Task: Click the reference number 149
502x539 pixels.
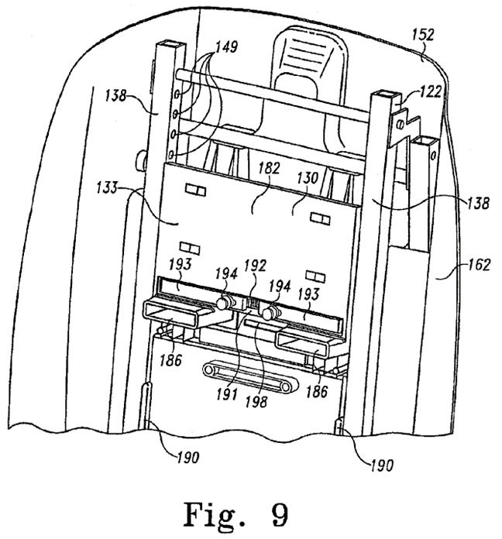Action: [x=226, y=47]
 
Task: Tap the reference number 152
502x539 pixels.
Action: [x=423, y=35]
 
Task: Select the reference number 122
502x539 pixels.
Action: [x=431, y=92]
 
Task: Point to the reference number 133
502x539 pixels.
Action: [x=107, y=187]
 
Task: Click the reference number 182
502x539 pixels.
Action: [x=270, y=168]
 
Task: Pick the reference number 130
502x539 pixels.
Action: [x=307, y=177]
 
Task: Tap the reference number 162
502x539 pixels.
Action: [x=480, y=264]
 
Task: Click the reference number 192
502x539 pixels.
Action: [x=255, y=266]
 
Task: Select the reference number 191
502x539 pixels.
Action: [x=227, y=394]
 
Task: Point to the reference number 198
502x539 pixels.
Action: [x=256, y=401]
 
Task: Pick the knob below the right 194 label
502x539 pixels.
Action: [x=269, y=312]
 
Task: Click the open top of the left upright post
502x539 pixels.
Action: [x=170, y=43]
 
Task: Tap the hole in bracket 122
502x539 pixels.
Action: [x=400, y=125]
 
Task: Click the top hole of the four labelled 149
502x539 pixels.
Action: [x=177, y=93]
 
